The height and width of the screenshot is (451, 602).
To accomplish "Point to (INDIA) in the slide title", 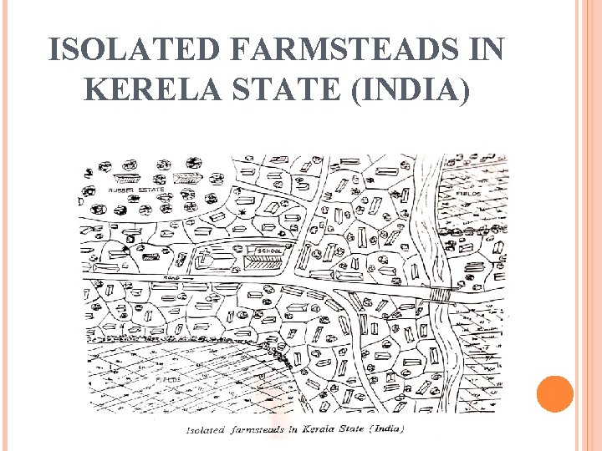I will point(411,89).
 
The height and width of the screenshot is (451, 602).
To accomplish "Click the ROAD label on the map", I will point(172,276).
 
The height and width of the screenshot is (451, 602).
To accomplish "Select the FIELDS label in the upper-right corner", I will point(467,193).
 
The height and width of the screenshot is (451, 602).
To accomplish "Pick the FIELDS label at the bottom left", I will point(168,379).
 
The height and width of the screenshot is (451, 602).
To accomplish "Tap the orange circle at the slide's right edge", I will point(554,394).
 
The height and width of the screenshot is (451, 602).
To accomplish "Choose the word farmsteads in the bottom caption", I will point(257,430).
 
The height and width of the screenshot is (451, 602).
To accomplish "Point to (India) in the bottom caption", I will point(385,429).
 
